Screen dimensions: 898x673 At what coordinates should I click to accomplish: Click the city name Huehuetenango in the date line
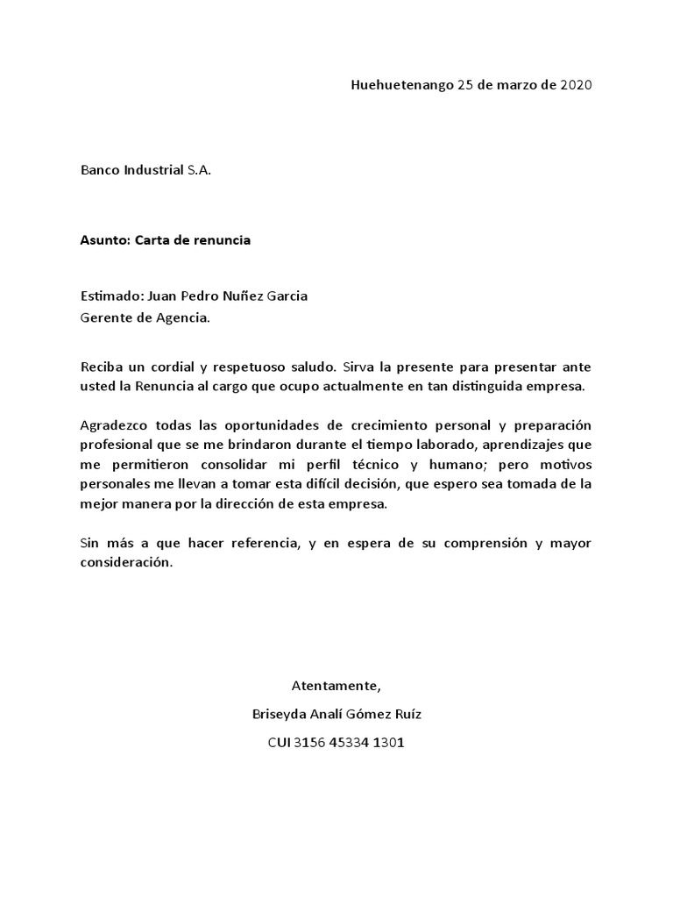[402, 85]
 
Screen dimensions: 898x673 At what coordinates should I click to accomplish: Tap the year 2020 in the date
[576, 85]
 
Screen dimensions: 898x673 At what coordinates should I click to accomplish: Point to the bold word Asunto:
[105, 240]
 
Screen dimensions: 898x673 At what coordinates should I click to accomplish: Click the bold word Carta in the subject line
[154, 240]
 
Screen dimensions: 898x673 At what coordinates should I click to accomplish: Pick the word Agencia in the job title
[181, 317]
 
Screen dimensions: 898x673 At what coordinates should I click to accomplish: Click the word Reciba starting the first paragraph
[102, 366]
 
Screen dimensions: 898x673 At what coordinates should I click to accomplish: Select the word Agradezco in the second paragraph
[113, 425]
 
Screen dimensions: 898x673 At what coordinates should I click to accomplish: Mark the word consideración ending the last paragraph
[126, 565]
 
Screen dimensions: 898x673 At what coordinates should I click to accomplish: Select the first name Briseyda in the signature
[280, 715]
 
